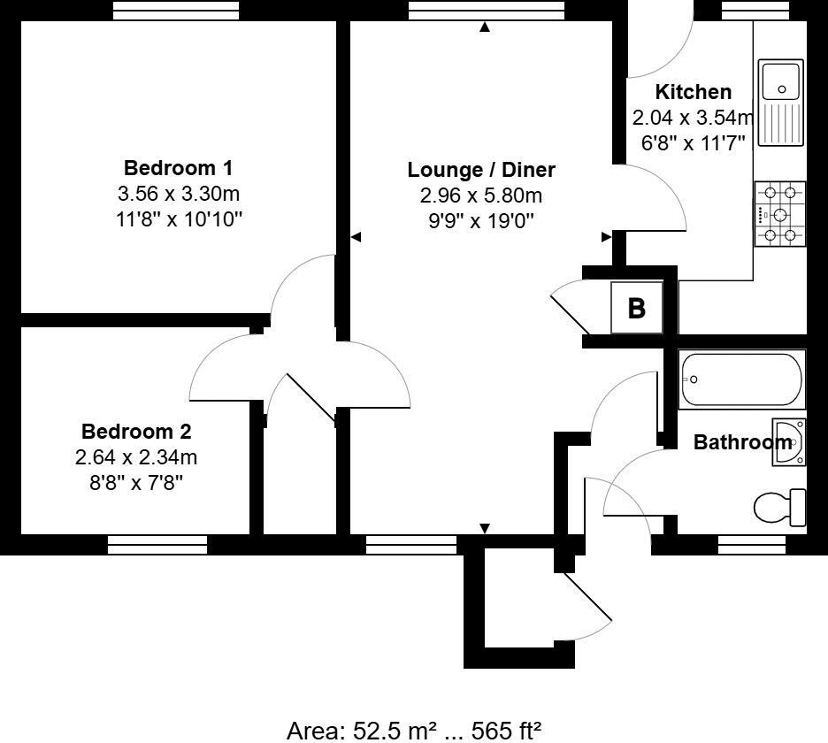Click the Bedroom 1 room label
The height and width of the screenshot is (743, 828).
tap(178, 167)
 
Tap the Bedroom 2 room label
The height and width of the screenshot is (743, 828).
tap(136, 432)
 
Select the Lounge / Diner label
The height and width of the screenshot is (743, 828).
tap(481, 170)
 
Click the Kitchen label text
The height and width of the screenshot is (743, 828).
tap(693, 92)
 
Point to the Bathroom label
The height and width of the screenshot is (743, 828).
tap(741, 442)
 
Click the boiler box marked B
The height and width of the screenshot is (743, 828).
tap(636, 308)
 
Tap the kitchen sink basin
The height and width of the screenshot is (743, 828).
tap(781, 80)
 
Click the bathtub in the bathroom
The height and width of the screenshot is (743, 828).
tap(741, 379)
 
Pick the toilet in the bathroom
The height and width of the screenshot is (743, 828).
tap(778, 507)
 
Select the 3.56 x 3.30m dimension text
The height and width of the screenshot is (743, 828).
tap(178, 194)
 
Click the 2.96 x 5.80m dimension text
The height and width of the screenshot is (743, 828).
tap(481, 196)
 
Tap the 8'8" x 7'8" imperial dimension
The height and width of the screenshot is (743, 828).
tap(136, 483)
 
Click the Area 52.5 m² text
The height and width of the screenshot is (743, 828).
tap(414, 730)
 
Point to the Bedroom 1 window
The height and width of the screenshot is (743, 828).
tap(176, 11)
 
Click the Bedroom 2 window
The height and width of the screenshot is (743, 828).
tap(157, 545)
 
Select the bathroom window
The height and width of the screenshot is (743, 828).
tap(752, 545)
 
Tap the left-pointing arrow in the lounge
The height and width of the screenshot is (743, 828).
tap(356, 237)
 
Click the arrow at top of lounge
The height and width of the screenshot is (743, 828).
tap(485, 28)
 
